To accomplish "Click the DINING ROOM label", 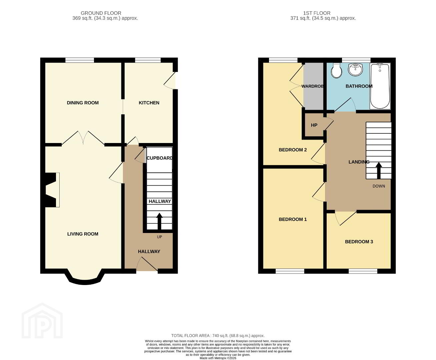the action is [x=83, y=103].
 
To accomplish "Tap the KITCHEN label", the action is [x=149, y=103].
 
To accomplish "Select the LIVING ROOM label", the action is [x=83, y=234].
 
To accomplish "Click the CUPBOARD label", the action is [x=160, y=158].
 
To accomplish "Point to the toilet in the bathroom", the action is [x=336, y=71].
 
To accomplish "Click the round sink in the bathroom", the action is [x=356, y=70].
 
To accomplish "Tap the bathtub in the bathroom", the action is [x=380, y=86].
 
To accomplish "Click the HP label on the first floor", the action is [x=314, y=125].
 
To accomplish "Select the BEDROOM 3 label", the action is [x=359, y=242].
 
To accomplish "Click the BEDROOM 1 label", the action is [x=293, y=219].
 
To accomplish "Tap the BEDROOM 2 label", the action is [x=293, y=150].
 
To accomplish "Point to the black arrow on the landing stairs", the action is [x=379, y=170].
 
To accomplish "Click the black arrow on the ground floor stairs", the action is [x=159, y=221].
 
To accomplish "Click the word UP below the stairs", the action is [x=159, y=237].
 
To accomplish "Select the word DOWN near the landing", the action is [x=379, y=186].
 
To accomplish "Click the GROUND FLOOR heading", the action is [x=101, y=13].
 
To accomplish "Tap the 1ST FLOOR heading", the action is [x=317, y=13].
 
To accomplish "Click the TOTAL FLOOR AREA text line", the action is [x=218, y=336].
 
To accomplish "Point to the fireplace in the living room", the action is [x=51, y=190].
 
